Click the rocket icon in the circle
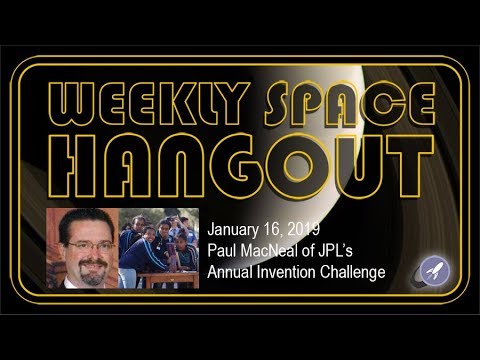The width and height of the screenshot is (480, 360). click(x=432, y=268)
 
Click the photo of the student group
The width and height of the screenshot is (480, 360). click(x=158, y=249)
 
